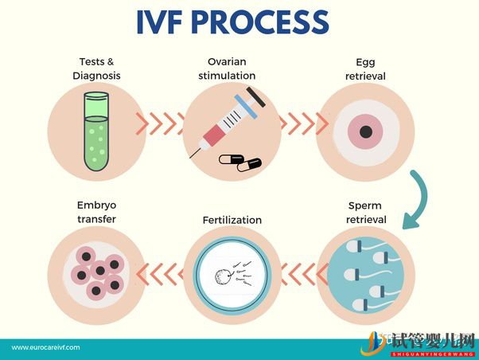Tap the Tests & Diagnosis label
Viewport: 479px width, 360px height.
click(x=96, y=68)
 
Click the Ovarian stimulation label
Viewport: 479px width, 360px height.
click(x=229, y=68)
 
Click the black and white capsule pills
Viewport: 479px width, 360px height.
click(x=240, y=162)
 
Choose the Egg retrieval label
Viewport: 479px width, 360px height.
click(x=365, y=68)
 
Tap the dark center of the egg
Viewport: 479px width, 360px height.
click(x=365, y=131)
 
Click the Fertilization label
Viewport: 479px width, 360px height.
click(x=232, y=220)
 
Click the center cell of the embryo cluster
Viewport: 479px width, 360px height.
click(x=99, y=272)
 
